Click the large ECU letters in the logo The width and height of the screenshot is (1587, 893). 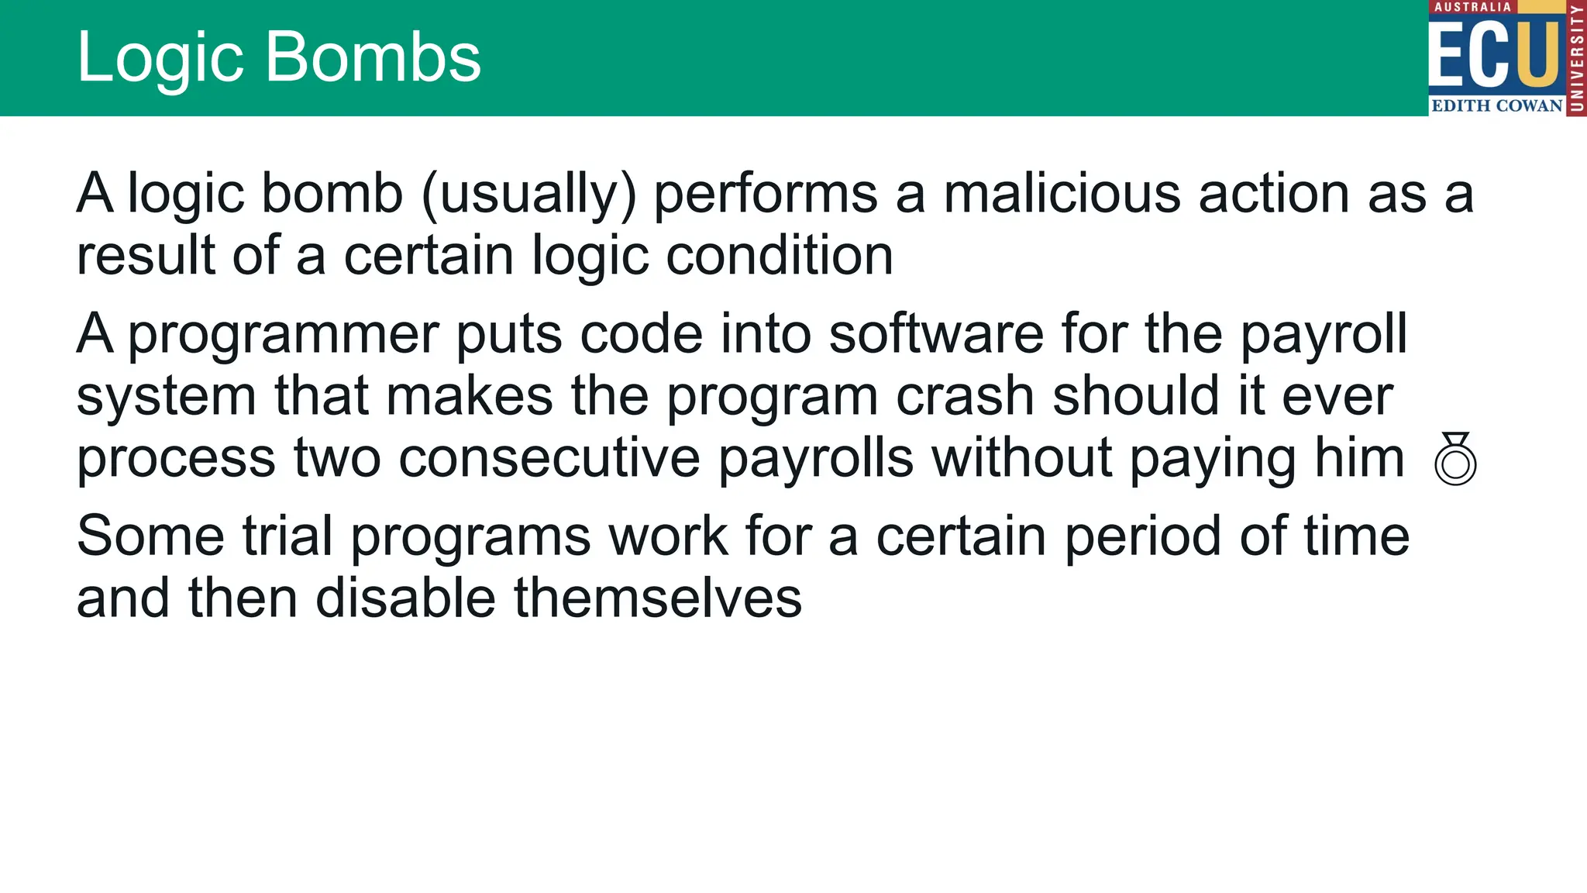point(1494,54)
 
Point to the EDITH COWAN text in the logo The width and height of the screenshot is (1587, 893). point(1496,105)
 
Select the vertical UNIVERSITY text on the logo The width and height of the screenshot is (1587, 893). point(1576,58)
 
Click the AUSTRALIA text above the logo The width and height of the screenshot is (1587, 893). point(1472,7)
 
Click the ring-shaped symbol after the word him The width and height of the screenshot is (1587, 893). point(1455,460)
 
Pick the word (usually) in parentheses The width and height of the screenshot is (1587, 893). point(528,194)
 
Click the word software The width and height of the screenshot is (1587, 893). point(936,335)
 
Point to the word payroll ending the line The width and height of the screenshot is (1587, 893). point(1324,335)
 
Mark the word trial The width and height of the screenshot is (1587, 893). point(287,536)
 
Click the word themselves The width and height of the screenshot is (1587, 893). point(658,599)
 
